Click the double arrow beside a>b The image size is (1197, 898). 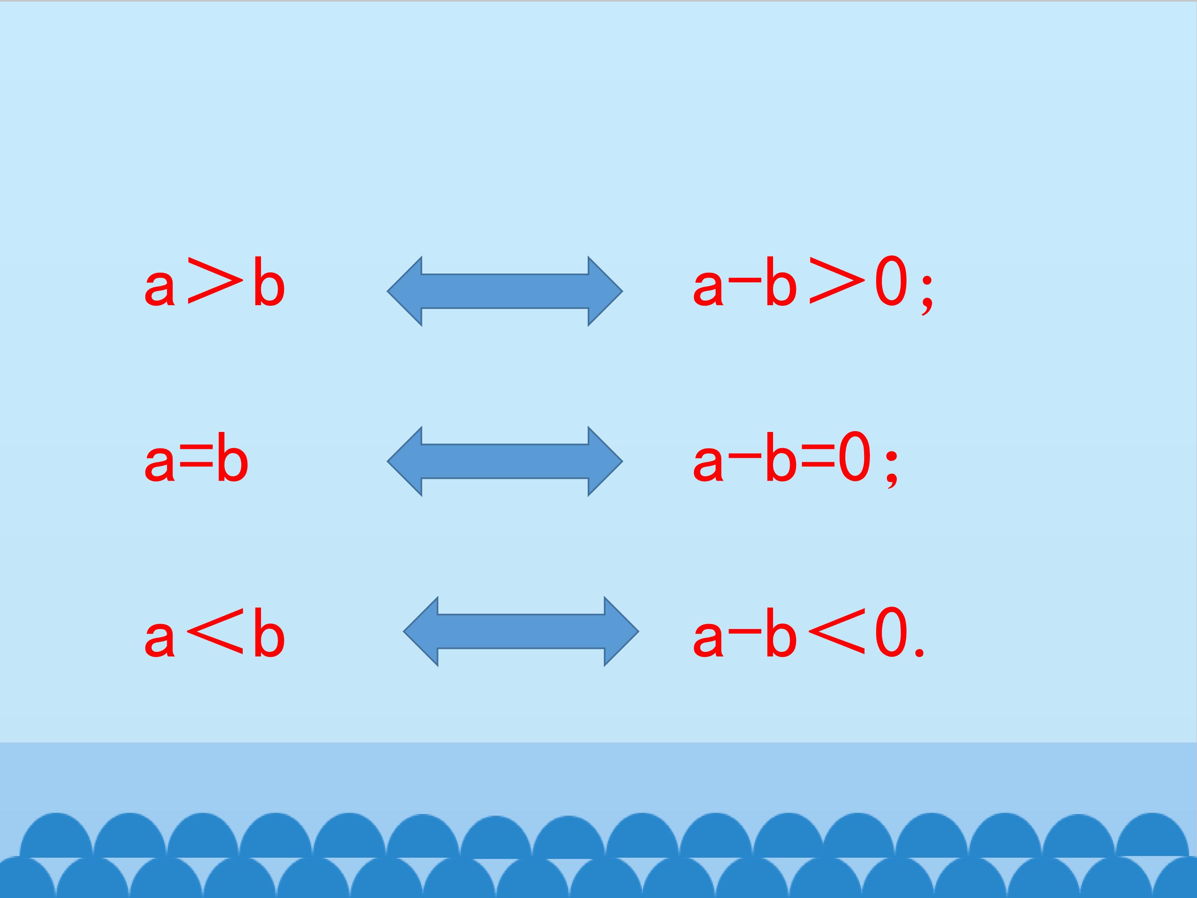(x=505, y=291)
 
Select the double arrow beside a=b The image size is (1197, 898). (x=505, y=461)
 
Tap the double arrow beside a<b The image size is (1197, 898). (x=521, y=631)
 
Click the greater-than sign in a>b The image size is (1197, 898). (x=213, y=280)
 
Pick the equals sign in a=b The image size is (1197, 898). (x=195, y=460)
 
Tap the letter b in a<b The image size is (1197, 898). (x=269, y=632)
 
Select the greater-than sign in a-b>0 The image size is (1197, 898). (x=835, y=280)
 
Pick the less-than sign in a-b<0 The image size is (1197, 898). (x=835, y=631)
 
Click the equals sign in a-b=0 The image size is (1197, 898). (x=818, y=460)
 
